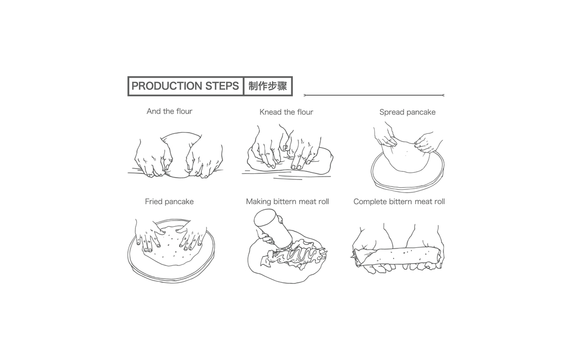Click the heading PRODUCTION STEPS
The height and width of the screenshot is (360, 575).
(x=185, y=86)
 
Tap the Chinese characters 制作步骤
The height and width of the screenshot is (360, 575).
(x=268, y=86)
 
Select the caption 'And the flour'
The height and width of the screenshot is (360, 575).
(x=170, y=111)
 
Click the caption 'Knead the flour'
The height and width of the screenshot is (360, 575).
(x=286, y=112)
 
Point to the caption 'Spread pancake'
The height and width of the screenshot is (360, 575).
(x=407, y=112)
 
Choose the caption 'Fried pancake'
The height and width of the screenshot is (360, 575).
(x=169, y=201)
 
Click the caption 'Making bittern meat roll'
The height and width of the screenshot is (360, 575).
(x=287, y=201)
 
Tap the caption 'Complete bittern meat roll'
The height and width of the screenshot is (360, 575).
(x=399, y=201)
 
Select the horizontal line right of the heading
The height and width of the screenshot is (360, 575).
(x=374, y=95)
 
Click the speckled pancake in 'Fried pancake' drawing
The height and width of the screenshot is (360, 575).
(x=172, y=246)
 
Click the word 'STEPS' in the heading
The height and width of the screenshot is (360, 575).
(x=222, y=86)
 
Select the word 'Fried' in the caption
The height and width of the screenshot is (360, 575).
(x=153, y=201)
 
